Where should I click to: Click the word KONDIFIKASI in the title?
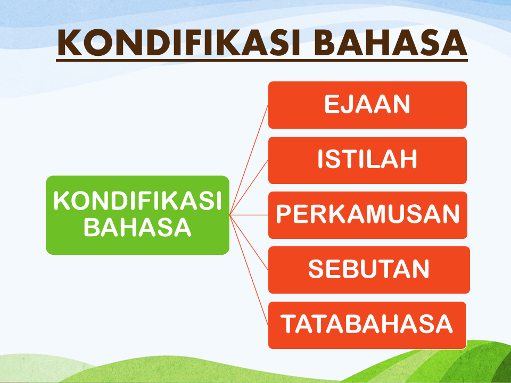[x=179, y=43]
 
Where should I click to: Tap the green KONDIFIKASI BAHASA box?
[x=137, y=215]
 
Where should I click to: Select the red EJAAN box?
[x=367, y=105]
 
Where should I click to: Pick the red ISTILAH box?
[x=367, y=160]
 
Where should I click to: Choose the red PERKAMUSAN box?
[x=368, y=215]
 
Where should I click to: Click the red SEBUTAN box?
[x=369, y=270]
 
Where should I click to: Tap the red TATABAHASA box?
[x=367, y=325]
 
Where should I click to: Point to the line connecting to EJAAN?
[x=249, y=160]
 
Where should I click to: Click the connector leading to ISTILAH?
[x=249, y=188]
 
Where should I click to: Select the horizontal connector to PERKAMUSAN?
[x=249, y=215]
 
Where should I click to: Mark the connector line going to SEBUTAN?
[x=249, y=243]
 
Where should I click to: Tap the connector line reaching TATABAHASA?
[x=249, y=270]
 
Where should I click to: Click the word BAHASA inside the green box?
[x=137, y=227]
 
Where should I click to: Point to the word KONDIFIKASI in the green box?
[x=137, y=201]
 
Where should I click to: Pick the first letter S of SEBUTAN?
[x=316, y=269]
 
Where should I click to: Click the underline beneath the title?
[x=262, y=60]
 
